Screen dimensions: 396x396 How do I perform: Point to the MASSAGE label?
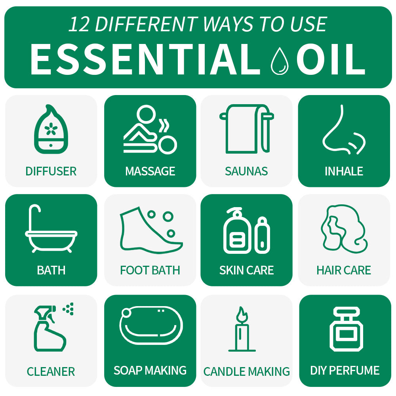(150, 171)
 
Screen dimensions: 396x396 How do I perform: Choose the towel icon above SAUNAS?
(246, 129)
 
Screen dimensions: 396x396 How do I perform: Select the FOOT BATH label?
(150, 270)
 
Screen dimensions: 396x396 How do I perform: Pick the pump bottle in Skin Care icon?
(237, 232)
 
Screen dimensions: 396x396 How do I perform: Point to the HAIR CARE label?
(343, 270)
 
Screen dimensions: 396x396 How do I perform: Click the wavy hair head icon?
(343, 229)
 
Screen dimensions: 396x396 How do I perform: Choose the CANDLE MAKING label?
(246, 371)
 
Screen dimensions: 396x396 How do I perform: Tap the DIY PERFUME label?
(345, 370)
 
